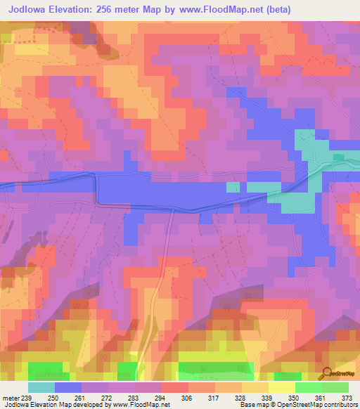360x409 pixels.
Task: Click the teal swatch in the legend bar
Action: [41, 387]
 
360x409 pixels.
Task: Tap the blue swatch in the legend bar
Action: [68, 387]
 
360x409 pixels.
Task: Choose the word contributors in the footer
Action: [338, 405]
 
